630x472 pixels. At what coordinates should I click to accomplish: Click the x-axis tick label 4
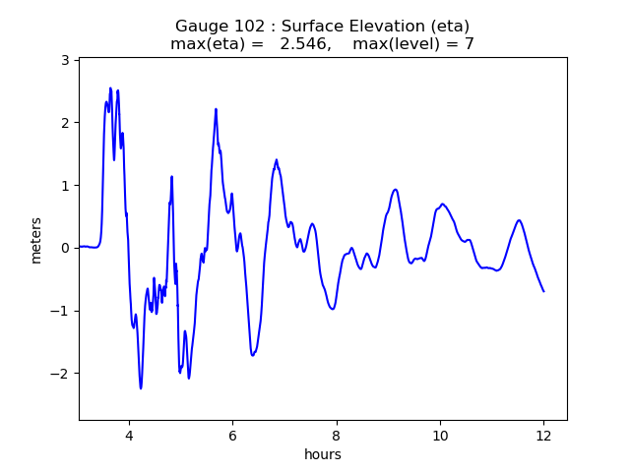tap(129, 435)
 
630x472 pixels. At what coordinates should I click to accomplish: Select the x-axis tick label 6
tap(232, 435)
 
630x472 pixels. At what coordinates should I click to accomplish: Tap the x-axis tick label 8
tap(336, 435)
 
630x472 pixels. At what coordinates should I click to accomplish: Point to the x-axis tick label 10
tap(440, 435)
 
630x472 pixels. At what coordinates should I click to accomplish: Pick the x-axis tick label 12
tap(543, 435)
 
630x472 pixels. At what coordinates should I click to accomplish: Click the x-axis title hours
tap(323, 454)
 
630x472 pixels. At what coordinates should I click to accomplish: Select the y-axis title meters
tap(36, 240)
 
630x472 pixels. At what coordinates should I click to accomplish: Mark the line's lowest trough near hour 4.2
tap(141, 388)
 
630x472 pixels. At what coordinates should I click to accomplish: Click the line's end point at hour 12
tap(543, 291)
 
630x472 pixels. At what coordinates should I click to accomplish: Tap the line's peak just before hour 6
tap(216, 109)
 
